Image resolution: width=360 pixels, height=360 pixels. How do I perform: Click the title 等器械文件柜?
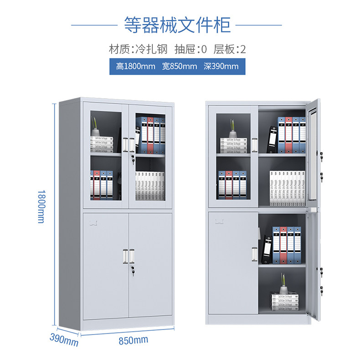pyautogui.click(x=177, y=24)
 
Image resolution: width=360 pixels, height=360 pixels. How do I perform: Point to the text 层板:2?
pyautogui.click(x=230, y=49)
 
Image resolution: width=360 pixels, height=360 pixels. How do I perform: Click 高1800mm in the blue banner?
pyautogui.click(x=136, y=66)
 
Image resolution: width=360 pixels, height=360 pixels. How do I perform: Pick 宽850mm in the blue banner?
pyautogui.click(x=180, y=66)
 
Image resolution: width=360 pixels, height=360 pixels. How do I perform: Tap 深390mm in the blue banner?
pyautogui.click(x=221, y=66)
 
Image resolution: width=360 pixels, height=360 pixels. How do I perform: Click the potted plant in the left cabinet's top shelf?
pyautogui.click(x=97, y=128)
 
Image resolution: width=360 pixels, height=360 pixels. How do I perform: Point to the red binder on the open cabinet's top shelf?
pyautogui.click(x=288, y=135)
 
